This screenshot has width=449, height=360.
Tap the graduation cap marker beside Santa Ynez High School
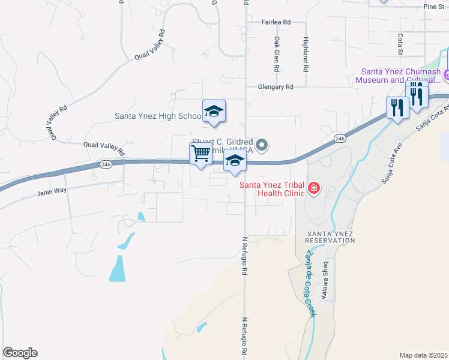tap(214, 112)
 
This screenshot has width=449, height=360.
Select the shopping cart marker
tap(200, 154)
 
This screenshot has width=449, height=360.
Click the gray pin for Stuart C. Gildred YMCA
tap(261, 145)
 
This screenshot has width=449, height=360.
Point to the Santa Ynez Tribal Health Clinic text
tap(273, 189)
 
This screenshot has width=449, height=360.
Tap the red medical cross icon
tap(313, 190)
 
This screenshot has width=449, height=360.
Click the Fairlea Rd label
tap(276, 22)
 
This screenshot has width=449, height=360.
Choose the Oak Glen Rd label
tap(277, 55)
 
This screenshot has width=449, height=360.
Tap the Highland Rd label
tap(306, 55)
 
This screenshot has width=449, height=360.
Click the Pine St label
tap(432, 7)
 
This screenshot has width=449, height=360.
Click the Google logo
tap(20, 353)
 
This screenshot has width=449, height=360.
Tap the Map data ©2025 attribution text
tap(423, 355)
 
